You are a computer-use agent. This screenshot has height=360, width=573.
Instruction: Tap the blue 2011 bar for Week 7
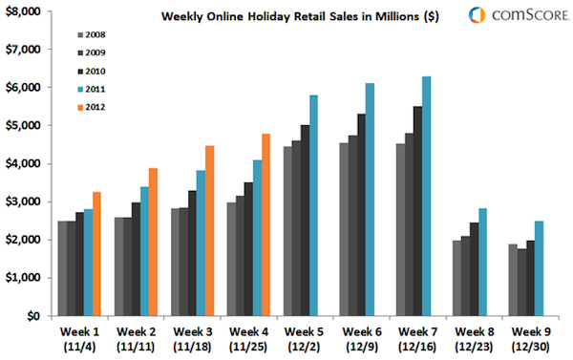pyautogui.click(x=427, y=196)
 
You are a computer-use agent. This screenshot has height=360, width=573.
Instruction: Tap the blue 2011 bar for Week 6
pyautogui.click(x=370, y=200)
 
